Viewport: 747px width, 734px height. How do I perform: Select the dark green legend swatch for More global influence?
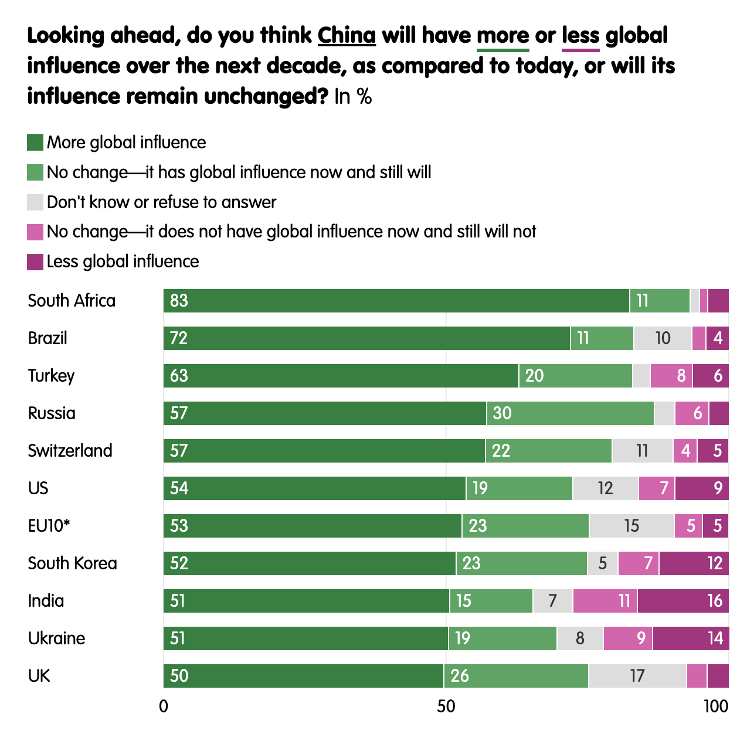tap(35, 142)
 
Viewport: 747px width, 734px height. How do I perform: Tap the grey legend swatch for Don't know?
tap(35, 202)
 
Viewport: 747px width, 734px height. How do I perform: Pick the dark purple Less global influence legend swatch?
tap(35, 262)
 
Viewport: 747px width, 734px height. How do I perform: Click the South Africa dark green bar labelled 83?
tap(396, 301)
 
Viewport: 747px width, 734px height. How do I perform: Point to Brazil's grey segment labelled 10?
tap(663, 338)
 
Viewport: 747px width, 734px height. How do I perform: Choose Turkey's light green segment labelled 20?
tap(575, 376)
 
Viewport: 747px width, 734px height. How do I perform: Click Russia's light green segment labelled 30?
tap(570, 413)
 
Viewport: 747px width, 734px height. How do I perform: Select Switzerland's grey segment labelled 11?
tap(642, 451)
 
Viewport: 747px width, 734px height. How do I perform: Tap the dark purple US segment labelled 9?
tap(702, 488)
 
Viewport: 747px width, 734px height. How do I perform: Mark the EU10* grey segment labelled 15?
tap(631, 526)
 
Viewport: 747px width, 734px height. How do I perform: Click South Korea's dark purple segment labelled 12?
tap(694, 563)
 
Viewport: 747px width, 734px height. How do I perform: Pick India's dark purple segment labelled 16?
tap(683, 601)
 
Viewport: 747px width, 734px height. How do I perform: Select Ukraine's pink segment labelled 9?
tap(628, 638)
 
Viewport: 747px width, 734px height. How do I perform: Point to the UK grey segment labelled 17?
tap(637, 676)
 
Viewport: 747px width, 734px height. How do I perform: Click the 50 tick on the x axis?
tap(446, 706)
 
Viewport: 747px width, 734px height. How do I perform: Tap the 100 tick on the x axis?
tap(716, 706)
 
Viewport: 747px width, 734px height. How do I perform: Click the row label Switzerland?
tap(70, 451)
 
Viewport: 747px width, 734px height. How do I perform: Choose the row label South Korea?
tap(72, 563)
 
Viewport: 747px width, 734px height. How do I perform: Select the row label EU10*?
tap(49, 526)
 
